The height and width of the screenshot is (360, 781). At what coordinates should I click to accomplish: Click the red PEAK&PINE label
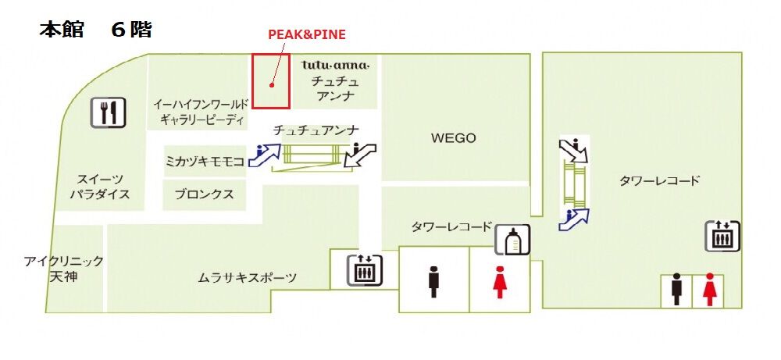coord(306,34)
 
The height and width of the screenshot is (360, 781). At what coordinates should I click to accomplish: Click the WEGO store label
coord(453,138)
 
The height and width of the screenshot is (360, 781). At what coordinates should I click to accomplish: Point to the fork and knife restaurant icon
coord(108,112)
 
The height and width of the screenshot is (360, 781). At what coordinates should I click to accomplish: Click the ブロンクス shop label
coord(204,194)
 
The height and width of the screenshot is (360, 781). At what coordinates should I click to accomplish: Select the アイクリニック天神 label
coord(63,269)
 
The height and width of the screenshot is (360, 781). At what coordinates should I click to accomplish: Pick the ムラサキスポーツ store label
coord(247,277)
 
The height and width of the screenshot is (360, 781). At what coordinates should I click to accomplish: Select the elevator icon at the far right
coord(722,236)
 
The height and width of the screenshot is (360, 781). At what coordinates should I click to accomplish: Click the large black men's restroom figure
coord(433,282)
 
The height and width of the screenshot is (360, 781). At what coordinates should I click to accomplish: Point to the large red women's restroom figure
coord(500,282)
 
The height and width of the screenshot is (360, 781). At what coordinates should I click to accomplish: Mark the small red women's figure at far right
coord(709,290)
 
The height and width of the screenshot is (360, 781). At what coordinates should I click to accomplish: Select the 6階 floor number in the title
coord(130,30)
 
